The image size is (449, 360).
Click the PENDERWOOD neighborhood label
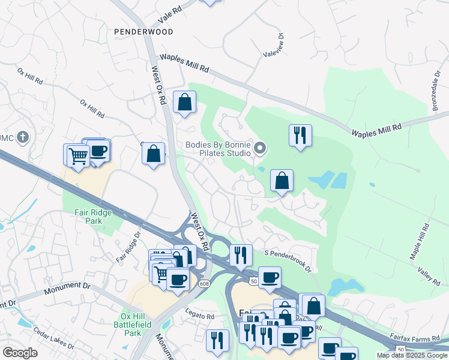pyautogui.click(x=144, y=31)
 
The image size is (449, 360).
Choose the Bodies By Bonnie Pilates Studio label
pyautogui.click(x=218, y=149)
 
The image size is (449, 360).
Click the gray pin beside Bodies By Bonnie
pyautogui.click(x=260, y=148)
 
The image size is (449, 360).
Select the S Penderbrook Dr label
pyautogui.click(x=288, y=261)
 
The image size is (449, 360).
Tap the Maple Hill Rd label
pyautogui.click(x=420, y=241)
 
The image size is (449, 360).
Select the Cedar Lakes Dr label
pyautogui.click(x=53, y=338)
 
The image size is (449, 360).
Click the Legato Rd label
pyautogui.click(x=200, y=316)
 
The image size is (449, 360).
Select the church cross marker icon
pyautogui.click(x=23, y=137)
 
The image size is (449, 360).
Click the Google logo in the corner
pyautogui.click(x=20, y=353)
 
